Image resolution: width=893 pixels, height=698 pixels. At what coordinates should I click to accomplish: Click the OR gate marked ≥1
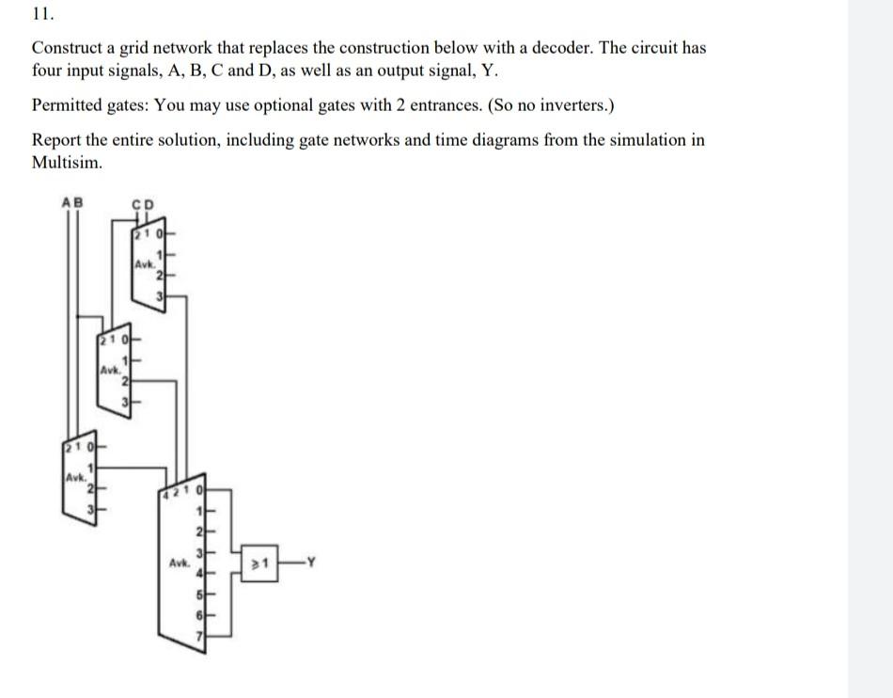click(x=259, y=563)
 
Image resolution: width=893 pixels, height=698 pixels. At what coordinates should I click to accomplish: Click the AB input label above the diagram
click(x=71, y=202)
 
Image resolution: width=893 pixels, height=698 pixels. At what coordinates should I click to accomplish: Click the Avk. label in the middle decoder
click(x=111, y=370)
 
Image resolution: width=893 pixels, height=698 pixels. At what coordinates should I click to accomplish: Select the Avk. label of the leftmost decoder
click(x=75, y=478)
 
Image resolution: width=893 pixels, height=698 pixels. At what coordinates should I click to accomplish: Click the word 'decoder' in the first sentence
click(x=562, y=47)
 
